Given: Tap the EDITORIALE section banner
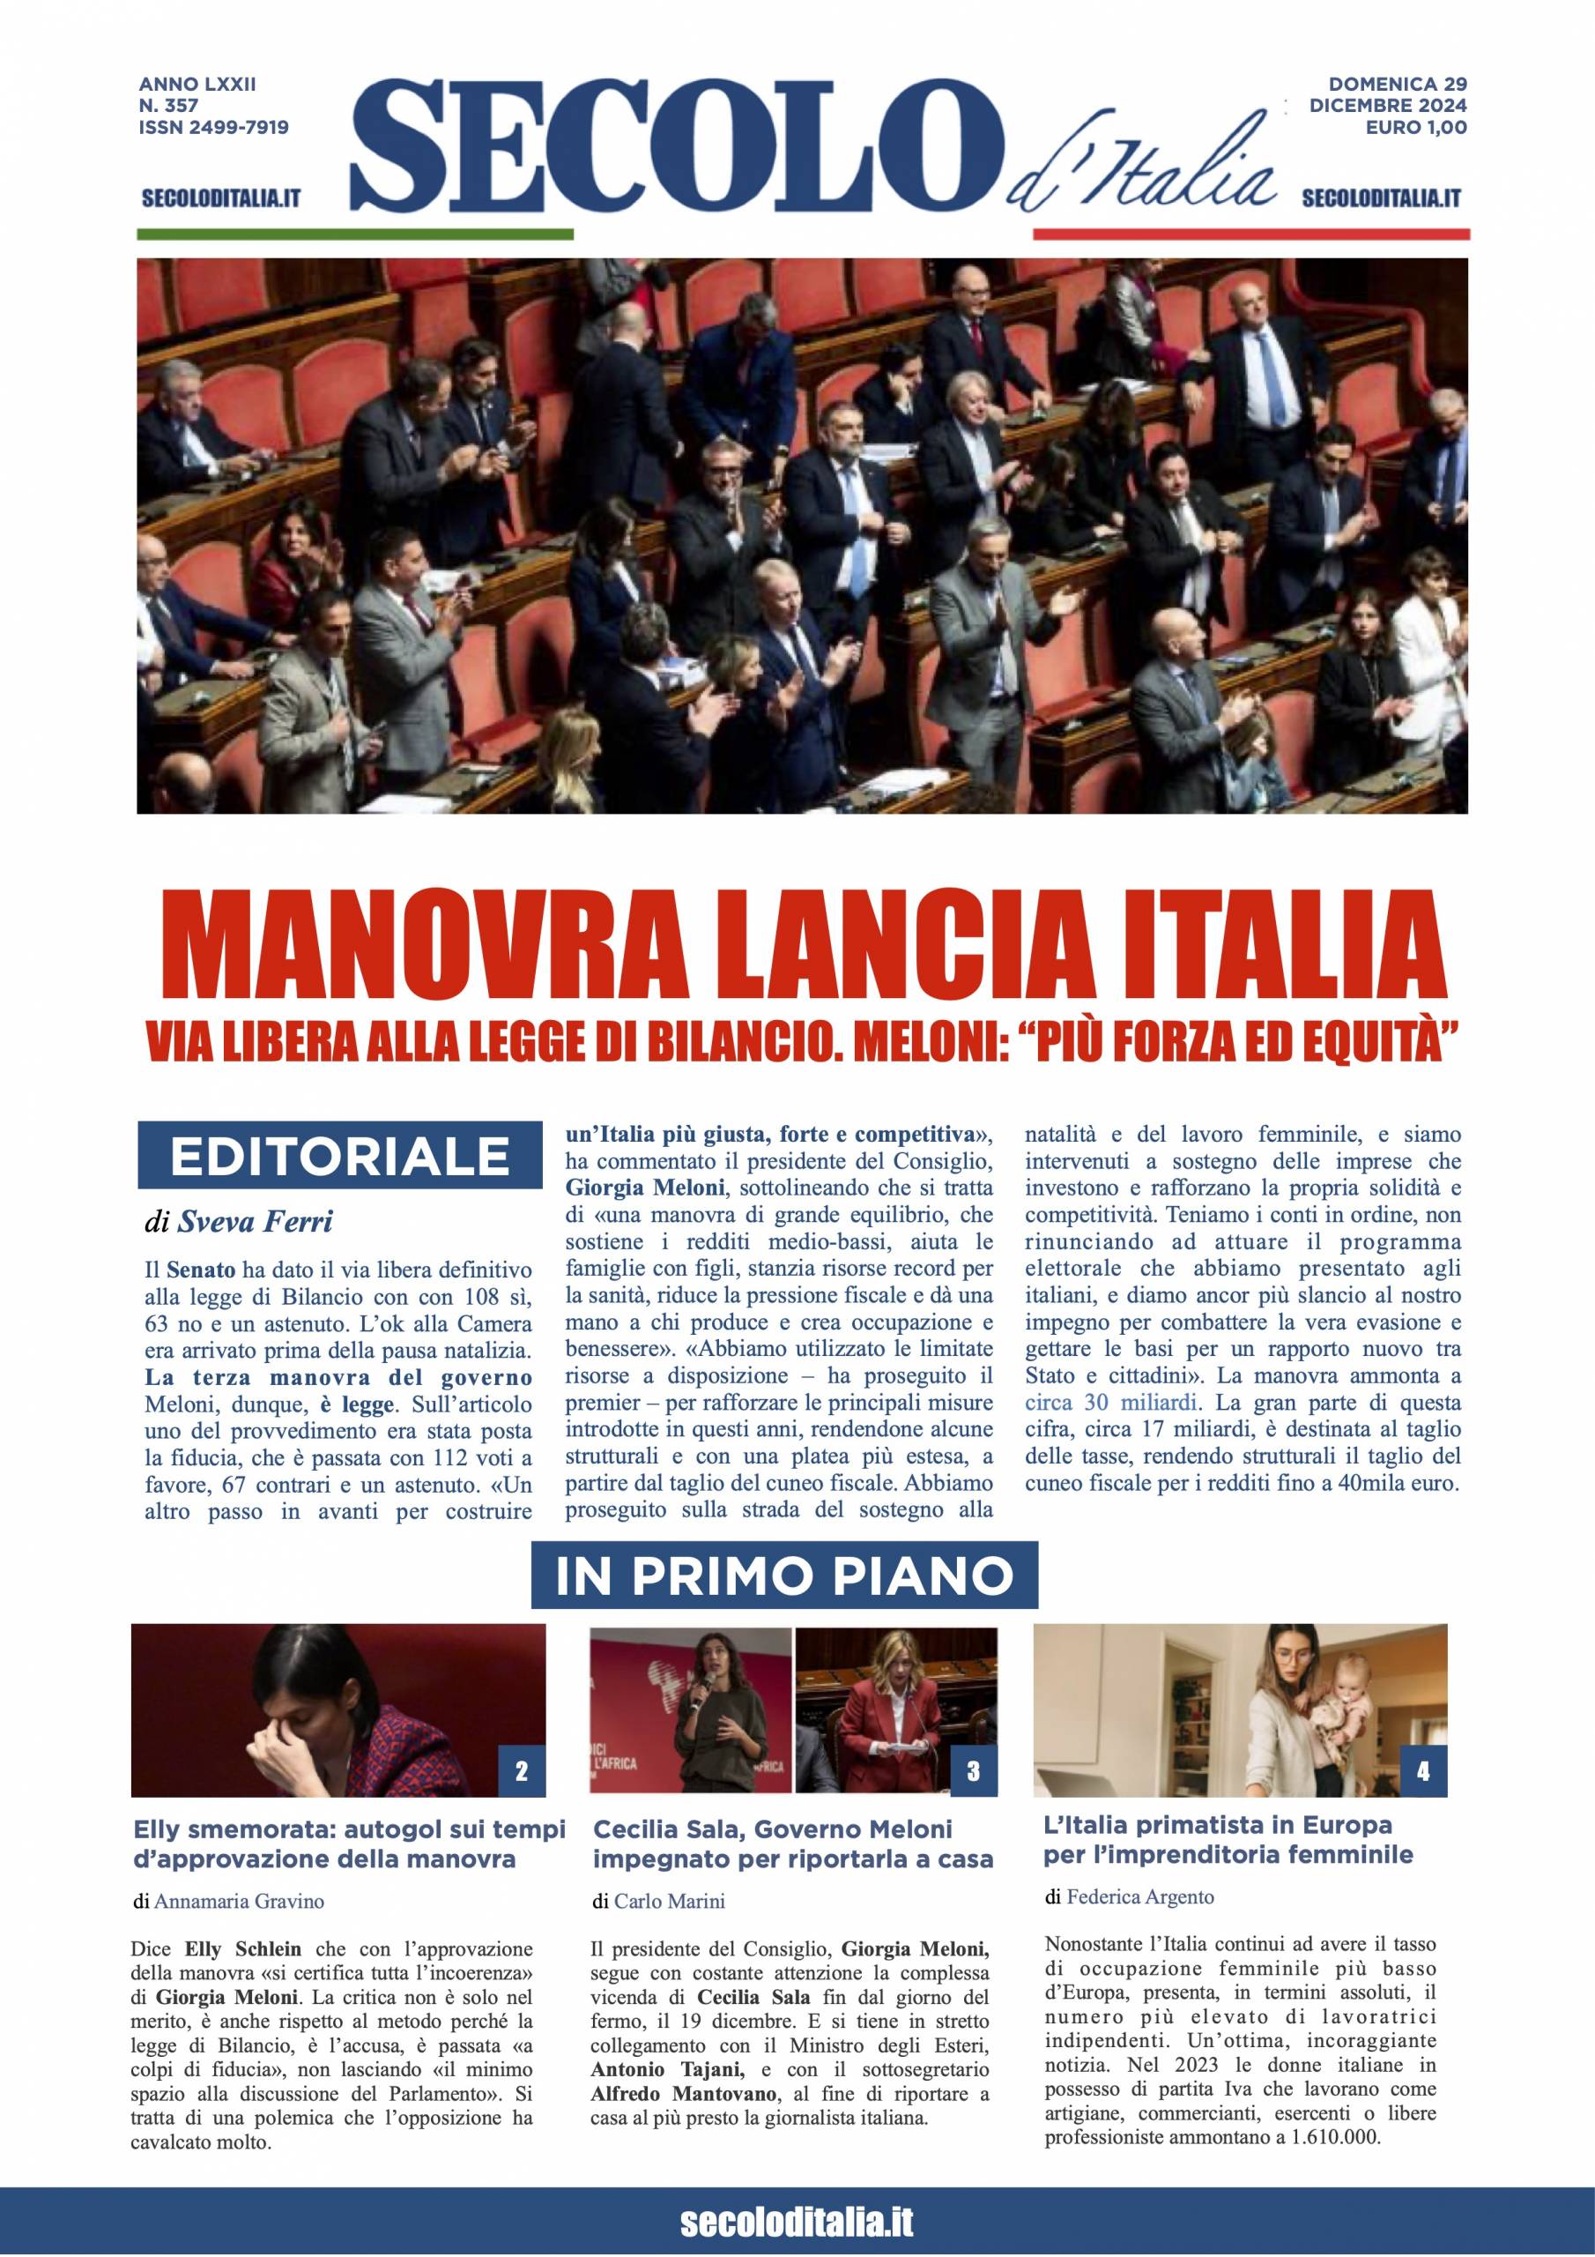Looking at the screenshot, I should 339,1156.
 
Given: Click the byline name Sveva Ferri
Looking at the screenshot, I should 255,1222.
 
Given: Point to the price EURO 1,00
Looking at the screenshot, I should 1415,127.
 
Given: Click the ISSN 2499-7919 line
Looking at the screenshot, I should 214,127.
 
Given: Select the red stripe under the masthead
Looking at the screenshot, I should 1250,234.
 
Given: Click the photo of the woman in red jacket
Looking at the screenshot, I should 895,1711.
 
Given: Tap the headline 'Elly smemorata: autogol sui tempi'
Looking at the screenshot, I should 350,1829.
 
